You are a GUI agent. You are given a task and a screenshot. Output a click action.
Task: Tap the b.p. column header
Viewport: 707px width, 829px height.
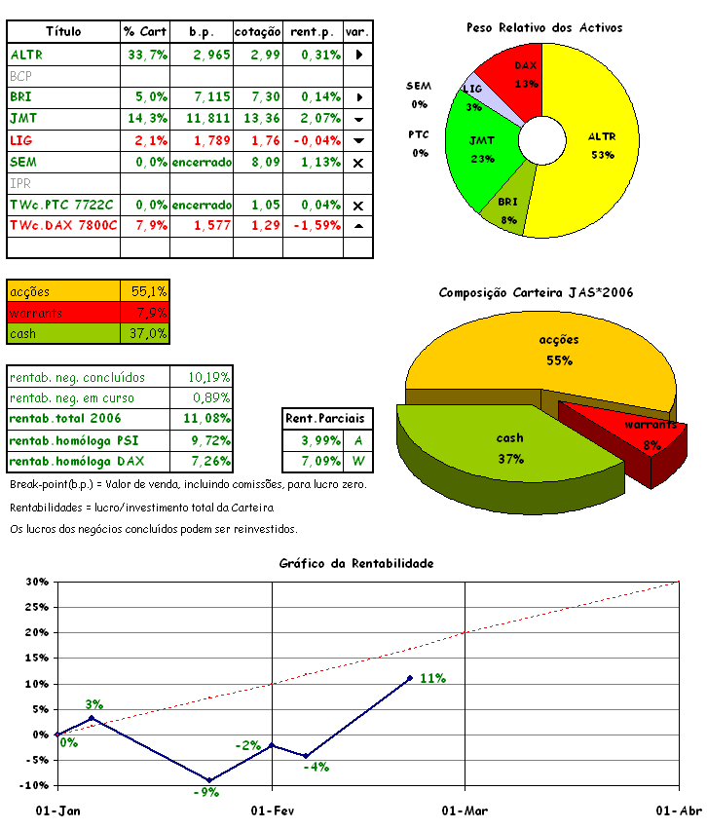202,31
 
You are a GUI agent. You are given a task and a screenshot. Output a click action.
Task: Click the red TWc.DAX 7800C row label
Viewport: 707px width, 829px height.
63,225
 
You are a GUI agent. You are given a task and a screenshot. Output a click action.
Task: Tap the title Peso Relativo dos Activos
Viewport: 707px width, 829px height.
544,27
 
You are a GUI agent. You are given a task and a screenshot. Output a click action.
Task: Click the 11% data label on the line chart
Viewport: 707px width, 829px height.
432,678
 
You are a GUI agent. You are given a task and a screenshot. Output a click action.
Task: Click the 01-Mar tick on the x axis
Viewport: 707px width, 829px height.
465,810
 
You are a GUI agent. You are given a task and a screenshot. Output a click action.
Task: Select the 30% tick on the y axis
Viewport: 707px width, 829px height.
36,583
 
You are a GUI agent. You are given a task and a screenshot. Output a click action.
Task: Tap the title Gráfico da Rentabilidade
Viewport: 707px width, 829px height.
355,563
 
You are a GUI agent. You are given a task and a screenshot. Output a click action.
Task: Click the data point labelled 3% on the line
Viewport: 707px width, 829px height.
92,718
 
